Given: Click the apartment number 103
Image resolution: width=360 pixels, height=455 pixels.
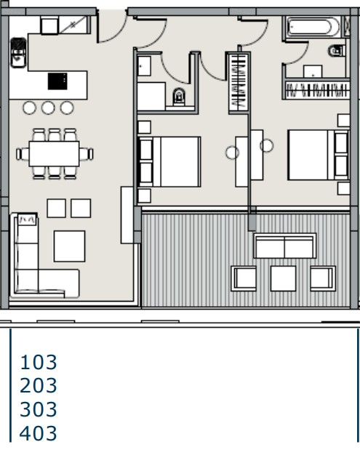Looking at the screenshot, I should pyautogui.click(x=39, y=361).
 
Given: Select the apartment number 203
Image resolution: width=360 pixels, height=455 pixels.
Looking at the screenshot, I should pyautogui.click(x=39, y=385).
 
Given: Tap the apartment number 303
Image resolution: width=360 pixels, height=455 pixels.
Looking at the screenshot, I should pyautogui.click(x=39, y=409).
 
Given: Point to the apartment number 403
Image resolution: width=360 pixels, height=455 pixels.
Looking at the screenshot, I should pyautogui.click(x=39, y=434).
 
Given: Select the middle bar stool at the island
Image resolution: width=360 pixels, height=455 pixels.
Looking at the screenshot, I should pyautogui.click(x=49, y=108).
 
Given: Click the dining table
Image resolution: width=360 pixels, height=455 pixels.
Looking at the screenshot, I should pyautogui.click(x=55, y=153).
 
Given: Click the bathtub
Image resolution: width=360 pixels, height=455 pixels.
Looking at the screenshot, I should pyautogui.click(x=312, y=28).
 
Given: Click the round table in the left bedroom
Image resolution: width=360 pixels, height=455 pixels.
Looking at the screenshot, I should pyautogui.click(x=232, y=153).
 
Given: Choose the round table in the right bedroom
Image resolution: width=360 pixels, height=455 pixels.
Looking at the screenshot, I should pyautogui.click(x=266, y=146).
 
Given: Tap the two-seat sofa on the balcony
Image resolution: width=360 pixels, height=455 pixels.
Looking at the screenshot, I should pyautogui.click(x=284, y=246).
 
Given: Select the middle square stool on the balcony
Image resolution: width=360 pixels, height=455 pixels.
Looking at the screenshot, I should pyautogui.click(x=283, y=278).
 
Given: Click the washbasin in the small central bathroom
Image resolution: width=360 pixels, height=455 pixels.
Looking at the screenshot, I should pyautogui.click(x=143, y=65).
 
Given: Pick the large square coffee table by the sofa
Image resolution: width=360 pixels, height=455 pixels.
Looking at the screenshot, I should pyautogui.click(x=70, y=246).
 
